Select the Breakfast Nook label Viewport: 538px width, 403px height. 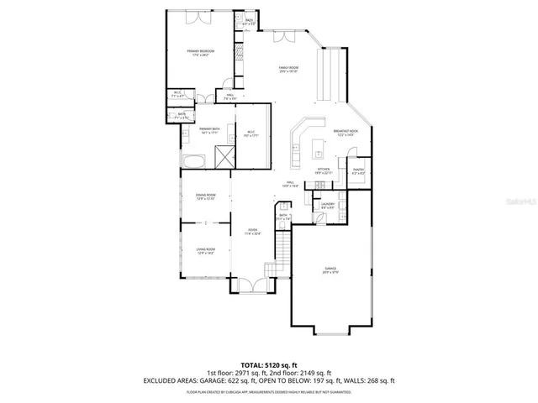[x=346, y=133]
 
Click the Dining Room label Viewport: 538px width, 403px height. [x=206, y=197]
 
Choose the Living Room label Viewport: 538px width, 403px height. [x=206, y=250]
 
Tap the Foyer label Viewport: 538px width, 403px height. [x=252, y=231]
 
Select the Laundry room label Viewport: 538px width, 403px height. [x=328, y=206]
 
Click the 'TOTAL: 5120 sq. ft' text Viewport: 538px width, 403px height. [x=268, y=365]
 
